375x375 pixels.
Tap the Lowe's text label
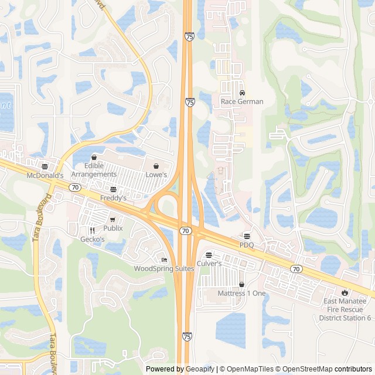pyautogui.click(x=156, y=175)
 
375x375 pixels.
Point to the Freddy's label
pyautogui.click(x=113, y=198)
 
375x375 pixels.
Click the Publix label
pyautogui.click(x=113, y=228)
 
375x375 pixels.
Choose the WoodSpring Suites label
pyautogui.click(x=164, y=268)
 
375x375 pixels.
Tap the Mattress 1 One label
pyautogui.click(x=241, y=293)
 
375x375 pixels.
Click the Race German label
pyautogui.click(x=242, y=101)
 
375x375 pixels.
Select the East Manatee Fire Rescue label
pyautogui.click(x=345, y=309)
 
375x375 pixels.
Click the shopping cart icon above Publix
pyautogui.click(x=113, y=220)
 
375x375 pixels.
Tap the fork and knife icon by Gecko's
pyautogui.click(x=92, y=231)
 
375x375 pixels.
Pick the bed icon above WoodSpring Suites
pyautogui.click(x=164, y=260)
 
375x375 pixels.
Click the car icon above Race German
pyautogui.click(x=242, y=93)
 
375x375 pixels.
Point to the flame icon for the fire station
pyautogui.click(x=345, y=292)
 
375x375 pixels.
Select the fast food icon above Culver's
pyautogui.click(x=209, y=255)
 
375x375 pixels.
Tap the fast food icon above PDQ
pyautogui.click(x=247, y=236)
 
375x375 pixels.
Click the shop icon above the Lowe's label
pyautogui.click(x=156, y=166)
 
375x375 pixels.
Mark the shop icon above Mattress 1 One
pyautogui.click(x=241, y=284)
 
